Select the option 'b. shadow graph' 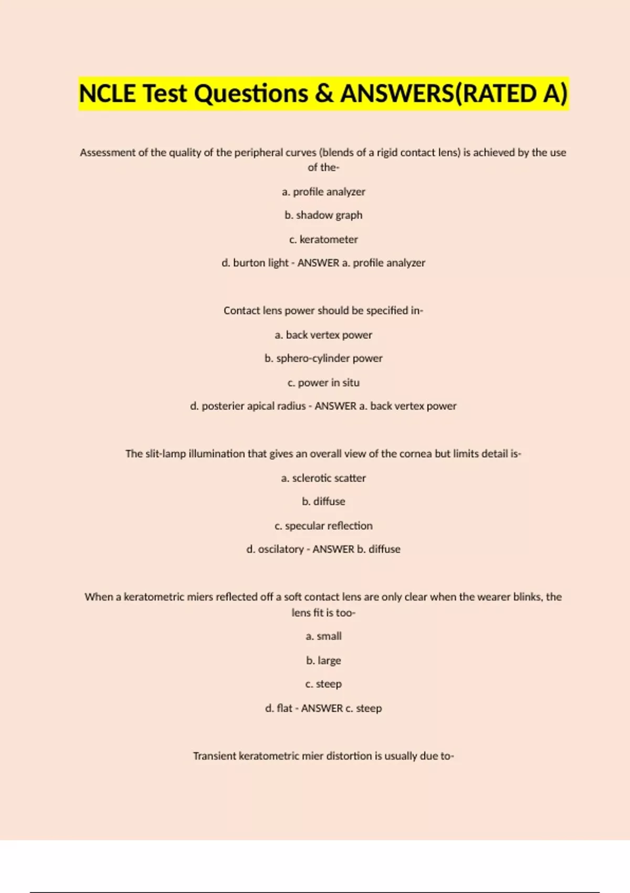tap(323, 215)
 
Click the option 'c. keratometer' tap(323, 240)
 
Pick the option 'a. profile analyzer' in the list tap(323, 192)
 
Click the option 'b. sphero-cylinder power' tap(323, 358)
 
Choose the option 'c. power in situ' tap(323, 382)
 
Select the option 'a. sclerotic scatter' tap(323, 478)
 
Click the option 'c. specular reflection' tap(323, 526)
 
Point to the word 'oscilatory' tap(281, 549)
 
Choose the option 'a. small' tap(323, 636)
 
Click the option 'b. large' tap(323, 660)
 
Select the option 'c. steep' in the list tap(323, 684)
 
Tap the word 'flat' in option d tap(285, 708)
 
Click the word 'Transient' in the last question tap(214, 756)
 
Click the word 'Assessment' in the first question tap(107, 153)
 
